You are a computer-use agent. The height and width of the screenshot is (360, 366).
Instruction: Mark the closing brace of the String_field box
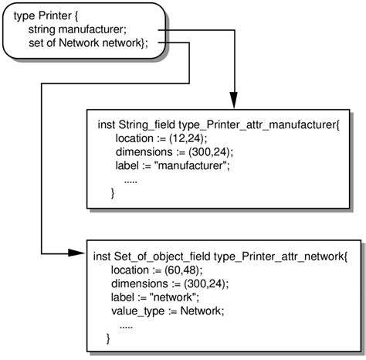pos(114,193)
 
